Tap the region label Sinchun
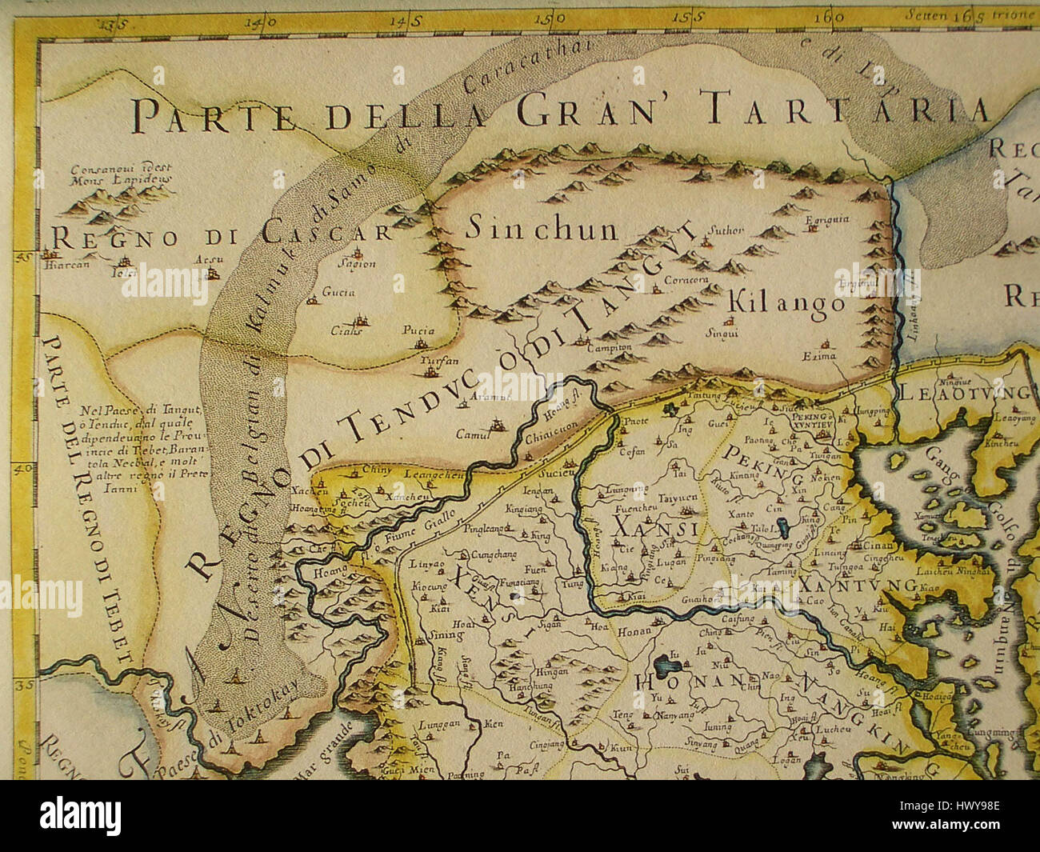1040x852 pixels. (x=542, y=230)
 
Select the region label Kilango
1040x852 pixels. (x=786, y=304)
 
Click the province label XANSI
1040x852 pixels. (x=646, y=529)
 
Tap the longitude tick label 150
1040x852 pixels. (x=554, y=17)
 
